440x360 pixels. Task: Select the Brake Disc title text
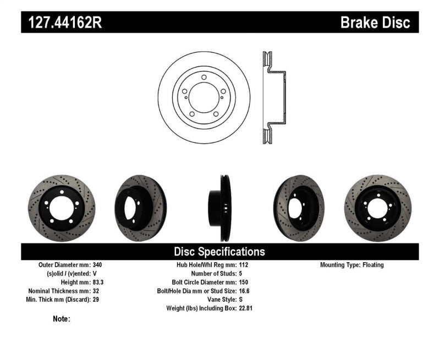pos(375,23)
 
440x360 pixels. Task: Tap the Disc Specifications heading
pos(219,252)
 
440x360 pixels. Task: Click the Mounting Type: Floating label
pos(352,265)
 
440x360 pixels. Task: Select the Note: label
pos(62,319)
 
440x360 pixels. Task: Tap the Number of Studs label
pos(213,274)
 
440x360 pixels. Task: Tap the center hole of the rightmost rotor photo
pos(379,208)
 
